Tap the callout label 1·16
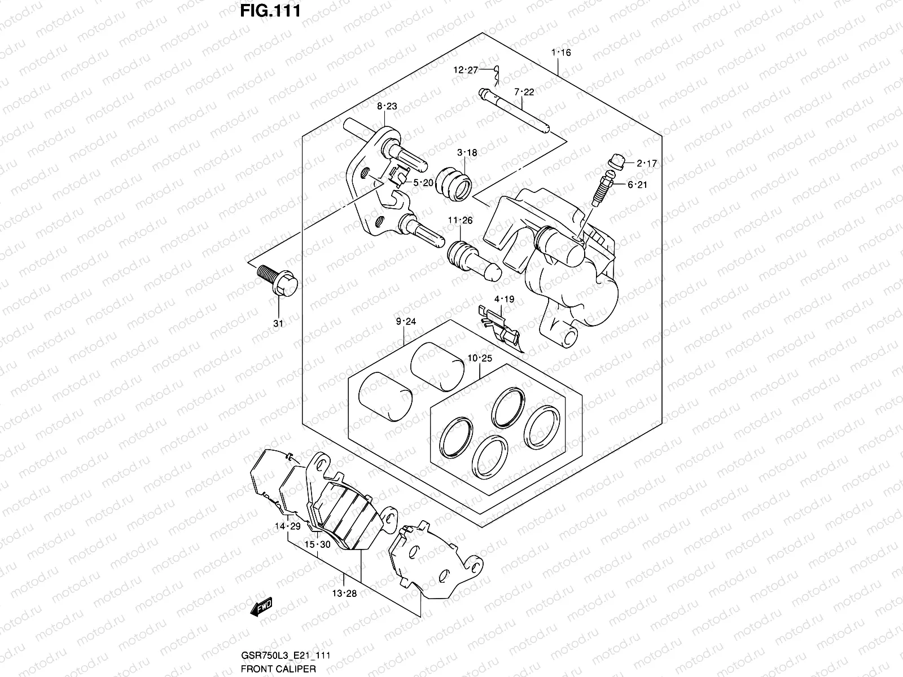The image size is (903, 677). click(x=560, y=52)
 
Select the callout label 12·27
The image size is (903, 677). click(x=465, y=70)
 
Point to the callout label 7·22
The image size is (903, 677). click(x=523, y=92)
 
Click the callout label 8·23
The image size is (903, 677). click(x=387, y=106)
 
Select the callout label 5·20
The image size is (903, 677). click(x=423, y=182)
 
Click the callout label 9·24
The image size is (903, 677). click(x=405, y=322)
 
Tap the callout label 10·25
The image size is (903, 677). click(x=480, y=358)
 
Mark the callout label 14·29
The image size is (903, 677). click(x=287, y=526)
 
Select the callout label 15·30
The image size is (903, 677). click(x=317, y=544)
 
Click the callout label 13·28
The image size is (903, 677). click(x=344, y=593)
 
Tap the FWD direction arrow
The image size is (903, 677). click(x=261, y=608)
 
